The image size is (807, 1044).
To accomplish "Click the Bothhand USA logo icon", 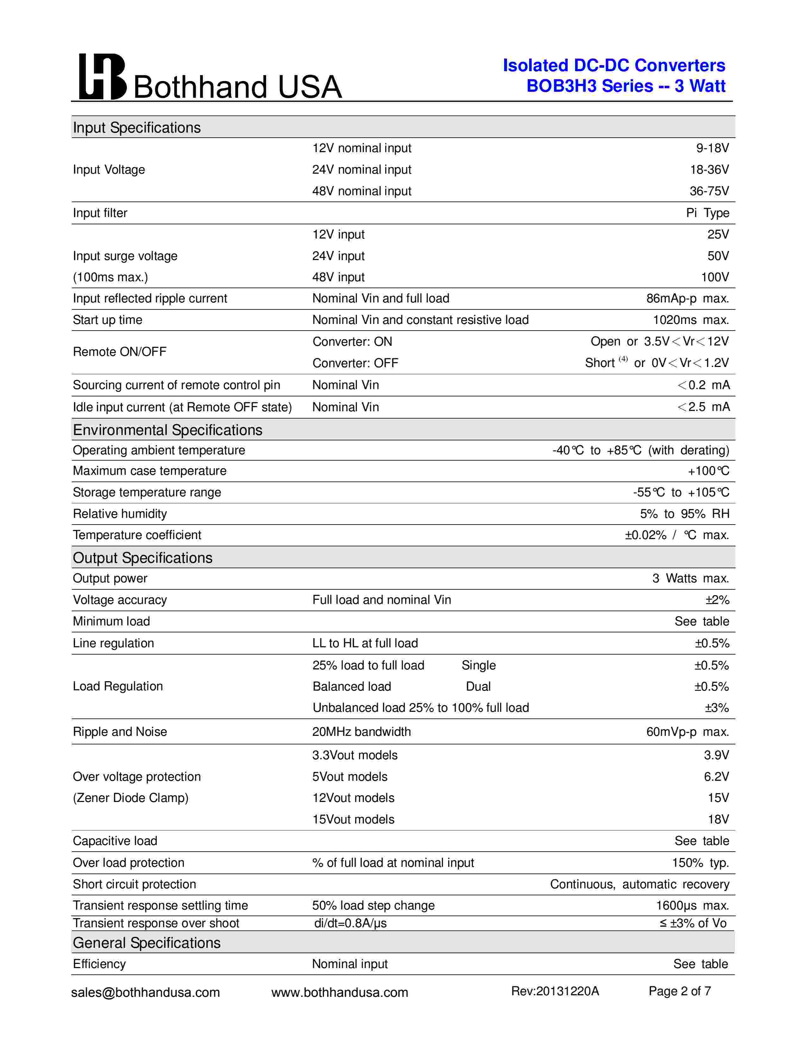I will tap(102, 77).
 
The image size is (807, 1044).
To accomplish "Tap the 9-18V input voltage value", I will tap(712, 148).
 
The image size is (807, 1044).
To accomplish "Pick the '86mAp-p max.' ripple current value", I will tap(687, 298).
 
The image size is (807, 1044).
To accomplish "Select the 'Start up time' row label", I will tap(108, 320).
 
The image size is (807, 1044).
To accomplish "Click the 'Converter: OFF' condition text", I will tap(355, 363).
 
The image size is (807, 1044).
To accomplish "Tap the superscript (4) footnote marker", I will tap(623, 359).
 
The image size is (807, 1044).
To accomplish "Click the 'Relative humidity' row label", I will tap(120, 514).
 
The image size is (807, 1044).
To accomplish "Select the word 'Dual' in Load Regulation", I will tap(478, 687).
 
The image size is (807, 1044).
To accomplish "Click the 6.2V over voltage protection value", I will tap(716, 776).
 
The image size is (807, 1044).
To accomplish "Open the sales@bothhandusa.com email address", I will tap(145, 992).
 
